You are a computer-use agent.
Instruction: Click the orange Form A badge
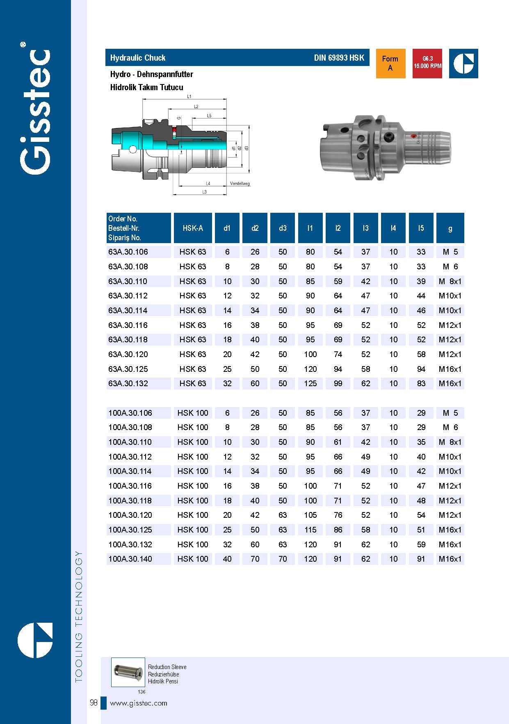coord(390,63)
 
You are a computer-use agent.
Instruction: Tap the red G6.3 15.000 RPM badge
coord(427,63)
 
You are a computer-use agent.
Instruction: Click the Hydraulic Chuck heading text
coord(138,58)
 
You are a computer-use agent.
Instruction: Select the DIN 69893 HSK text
coord(339,58)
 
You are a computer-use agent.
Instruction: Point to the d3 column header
coord(283,228)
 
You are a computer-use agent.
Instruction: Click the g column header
coord(450,228)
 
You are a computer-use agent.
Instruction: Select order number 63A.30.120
coord(128,354)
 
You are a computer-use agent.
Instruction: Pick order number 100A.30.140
coord(130,559)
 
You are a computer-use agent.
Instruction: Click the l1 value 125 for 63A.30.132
coord(310,383)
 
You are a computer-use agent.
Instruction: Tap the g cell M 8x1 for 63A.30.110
coord(450,281)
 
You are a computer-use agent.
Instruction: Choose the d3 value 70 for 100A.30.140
coord(283,559)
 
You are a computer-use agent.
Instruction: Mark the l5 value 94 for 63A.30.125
coord(421,369)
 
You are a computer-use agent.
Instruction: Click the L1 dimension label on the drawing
coord(189,96)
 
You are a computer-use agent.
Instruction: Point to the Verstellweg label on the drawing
coord(240,184)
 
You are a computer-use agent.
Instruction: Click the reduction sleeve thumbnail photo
coord(128,672)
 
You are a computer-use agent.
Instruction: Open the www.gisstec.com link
coord(139,703)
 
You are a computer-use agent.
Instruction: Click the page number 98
coord(94,703)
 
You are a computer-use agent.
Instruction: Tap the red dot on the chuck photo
coord(413,136)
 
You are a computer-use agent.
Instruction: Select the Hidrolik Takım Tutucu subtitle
coord(146,87)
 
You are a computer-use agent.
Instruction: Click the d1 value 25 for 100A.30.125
coord(227,530)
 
